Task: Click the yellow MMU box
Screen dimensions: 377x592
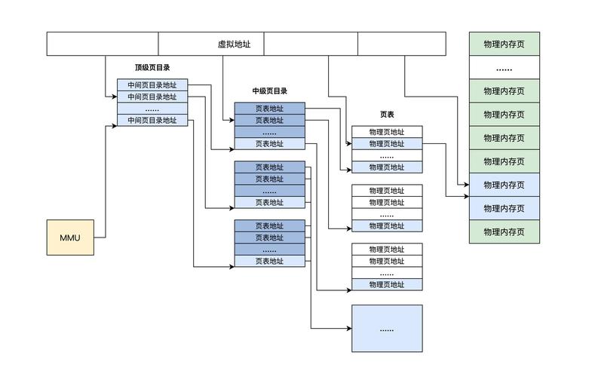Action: (70, 238)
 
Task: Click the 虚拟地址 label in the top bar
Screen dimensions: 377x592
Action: (234, 44)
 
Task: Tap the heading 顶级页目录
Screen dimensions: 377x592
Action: (152, 68)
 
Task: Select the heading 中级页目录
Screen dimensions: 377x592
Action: (269, 91)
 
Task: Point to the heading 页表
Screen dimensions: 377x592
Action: (387, 115)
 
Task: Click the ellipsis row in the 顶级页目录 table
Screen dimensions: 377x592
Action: (152, 109)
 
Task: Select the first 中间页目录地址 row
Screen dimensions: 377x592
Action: (152, 85)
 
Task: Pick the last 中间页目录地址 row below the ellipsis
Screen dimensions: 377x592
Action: (152, 120)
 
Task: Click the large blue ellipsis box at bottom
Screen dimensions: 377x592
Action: (387, 329)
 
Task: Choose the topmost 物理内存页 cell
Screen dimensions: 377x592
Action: (505, 44)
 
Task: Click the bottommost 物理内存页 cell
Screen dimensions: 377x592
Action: (505, 231)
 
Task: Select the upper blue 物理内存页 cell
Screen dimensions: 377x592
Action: (505, 185)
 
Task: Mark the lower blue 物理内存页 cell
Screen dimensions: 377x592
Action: (505, 208)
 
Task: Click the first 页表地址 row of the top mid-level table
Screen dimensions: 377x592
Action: (269, 109)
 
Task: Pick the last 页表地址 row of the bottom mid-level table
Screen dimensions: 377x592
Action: (269, 262)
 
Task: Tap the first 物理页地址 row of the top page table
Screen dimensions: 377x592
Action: (387, 132)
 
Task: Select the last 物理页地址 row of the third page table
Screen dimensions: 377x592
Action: (387, 284)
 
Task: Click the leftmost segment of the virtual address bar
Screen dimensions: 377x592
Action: (103, 44)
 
